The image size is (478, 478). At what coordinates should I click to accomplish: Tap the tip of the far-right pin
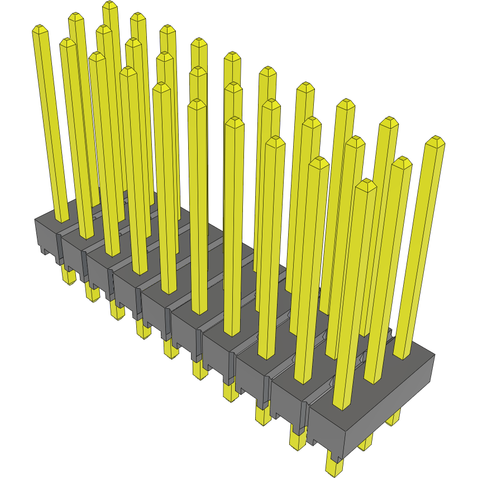coord(435,140)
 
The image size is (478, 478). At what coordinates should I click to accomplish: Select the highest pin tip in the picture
coord(110,5)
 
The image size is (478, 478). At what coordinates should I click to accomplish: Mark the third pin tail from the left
coord(117,310)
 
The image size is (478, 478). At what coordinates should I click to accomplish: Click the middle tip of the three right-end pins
coord(401,162)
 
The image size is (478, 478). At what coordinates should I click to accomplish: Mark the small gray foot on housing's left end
coord(43,251)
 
